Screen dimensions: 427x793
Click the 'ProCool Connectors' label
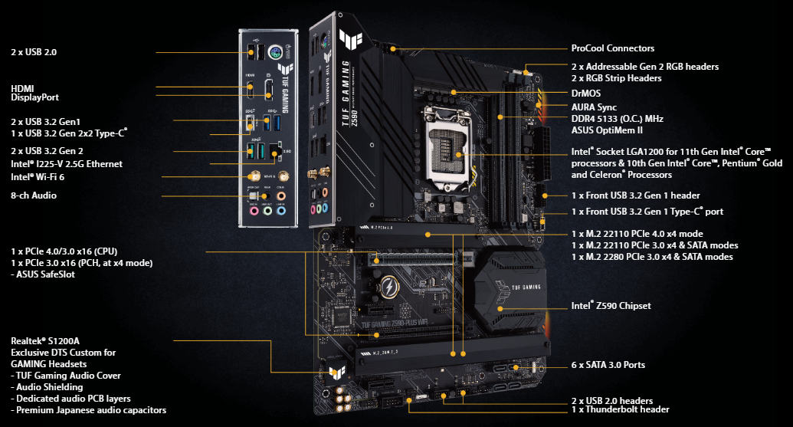[612, 48]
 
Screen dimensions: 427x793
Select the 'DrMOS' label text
[586, 93]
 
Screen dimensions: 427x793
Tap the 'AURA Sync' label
[594, 107]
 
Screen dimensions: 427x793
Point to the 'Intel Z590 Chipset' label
[611, 306]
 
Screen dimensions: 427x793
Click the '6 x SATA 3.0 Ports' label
[608, 365]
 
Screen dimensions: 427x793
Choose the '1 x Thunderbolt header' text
[620, 410]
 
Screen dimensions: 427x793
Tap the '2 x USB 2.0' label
[34, 52]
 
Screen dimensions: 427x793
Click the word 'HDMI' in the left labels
[22, 88]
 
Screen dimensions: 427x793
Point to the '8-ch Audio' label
[34, 195]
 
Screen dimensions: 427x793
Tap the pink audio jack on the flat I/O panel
[252, 208]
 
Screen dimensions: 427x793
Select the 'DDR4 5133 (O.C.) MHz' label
[618, 119]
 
